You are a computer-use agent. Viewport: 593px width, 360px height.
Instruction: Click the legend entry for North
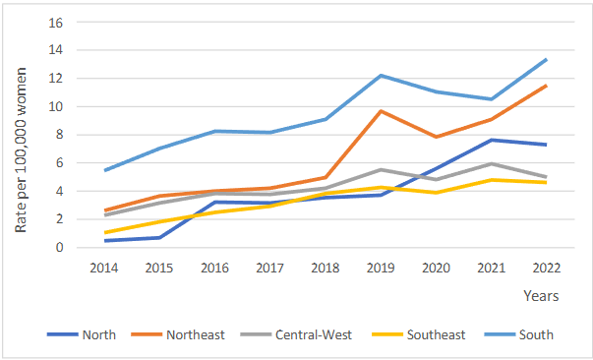pyautogui.click(x=99, y=334)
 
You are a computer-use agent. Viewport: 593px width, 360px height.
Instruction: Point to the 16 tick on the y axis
pyautogui.click(x=56, y=22)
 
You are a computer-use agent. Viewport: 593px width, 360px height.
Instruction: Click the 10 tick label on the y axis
pyautogui.click(x=56, y=106)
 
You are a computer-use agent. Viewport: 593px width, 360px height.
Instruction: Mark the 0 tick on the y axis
pyautogui.click(x=60, y=248)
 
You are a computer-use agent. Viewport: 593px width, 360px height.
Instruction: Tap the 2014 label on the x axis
pyautogui.click(x=103, y=268)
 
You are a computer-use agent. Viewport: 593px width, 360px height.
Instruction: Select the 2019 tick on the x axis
pyautogui.click(x=381, y=268)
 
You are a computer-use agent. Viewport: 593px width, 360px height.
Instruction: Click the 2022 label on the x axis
pyautogui.click(x=547, y=268)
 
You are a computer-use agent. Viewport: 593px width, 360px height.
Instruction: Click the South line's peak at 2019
pyautogui.click(x=381, y=76)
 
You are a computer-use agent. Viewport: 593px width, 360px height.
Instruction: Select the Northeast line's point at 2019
pyautogui.click(x=381, y=111)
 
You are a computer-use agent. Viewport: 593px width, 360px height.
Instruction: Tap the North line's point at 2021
pyautogui.click(x=492, y=140)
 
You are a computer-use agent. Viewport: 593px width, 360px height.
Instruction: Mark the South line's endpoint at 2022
pyautogui.click(x=547, y=59)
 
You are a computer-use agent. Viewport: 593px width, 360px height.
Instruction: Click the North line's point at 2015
pyautogui.click(x=159, y=237)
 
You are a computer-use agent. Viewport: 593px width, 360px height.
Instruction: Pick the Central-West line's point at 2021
pyautogui.click(x=492, y=163)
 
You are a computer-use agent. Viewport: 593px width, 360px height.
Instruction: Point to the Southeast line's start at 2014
pyautogui.click(x=103, y=233)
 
